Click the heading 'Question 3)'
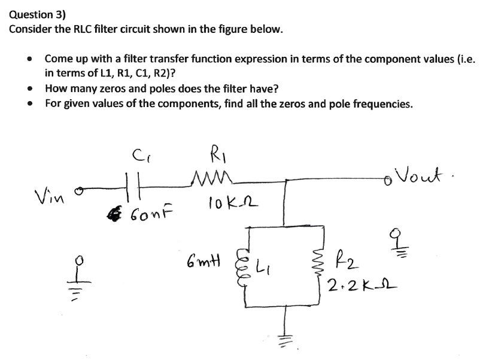point(37,14)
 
